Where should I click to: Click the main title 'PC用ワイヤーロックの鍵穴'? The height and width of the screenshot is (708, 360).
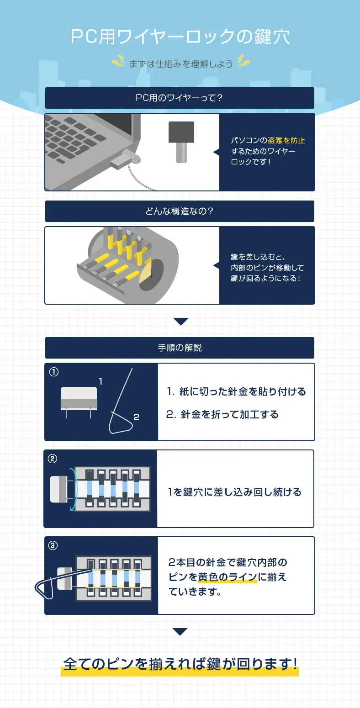pyautogui.click(x=180, y=37)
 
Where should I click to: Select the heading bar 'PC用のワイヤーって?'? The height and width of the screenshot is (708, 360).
pyautogui.click(x=180, y=98)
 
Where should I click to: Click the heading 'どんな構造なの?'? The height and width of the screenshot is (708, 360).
pyautogui.click(x=180, y=211)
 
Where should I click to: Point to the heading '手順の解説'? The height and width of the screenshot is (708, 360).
pyautogui.click(x=180, y=348)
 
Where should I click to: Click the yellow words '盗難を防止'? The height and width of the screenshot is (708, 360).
pyautogui.click(x=286, y=141)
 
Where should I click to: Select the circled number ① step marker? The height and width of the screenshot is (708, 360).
pyautogui.click(x=54, y=372)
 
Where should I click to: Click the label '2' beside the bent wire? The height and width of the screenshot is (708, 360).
pyautogui.click(x=136, y=417)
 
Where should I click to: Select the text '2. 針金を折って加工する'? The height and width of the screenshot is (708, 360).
pyautogui.click(x=222, y=415)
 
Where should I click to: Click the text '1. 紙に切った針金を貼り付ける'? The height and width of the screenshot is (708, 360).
pyautogui.click(x=236, y=392)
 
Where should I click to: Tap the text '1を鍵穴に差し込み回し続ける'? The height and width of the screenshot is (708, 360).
pyautogui.click(x=235, y=492)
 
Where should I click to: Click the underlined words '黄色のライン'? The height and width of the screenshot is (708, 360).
pyautogui.click(x=228, y=577)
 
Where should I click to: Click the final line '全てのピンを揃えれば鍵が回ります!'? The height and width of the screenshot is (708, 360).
pyautogui.click(x=180, y=664)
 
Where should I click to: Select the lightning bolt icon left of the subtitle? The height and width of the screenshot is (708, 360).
pyautogui.click(x=118, y=61)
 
